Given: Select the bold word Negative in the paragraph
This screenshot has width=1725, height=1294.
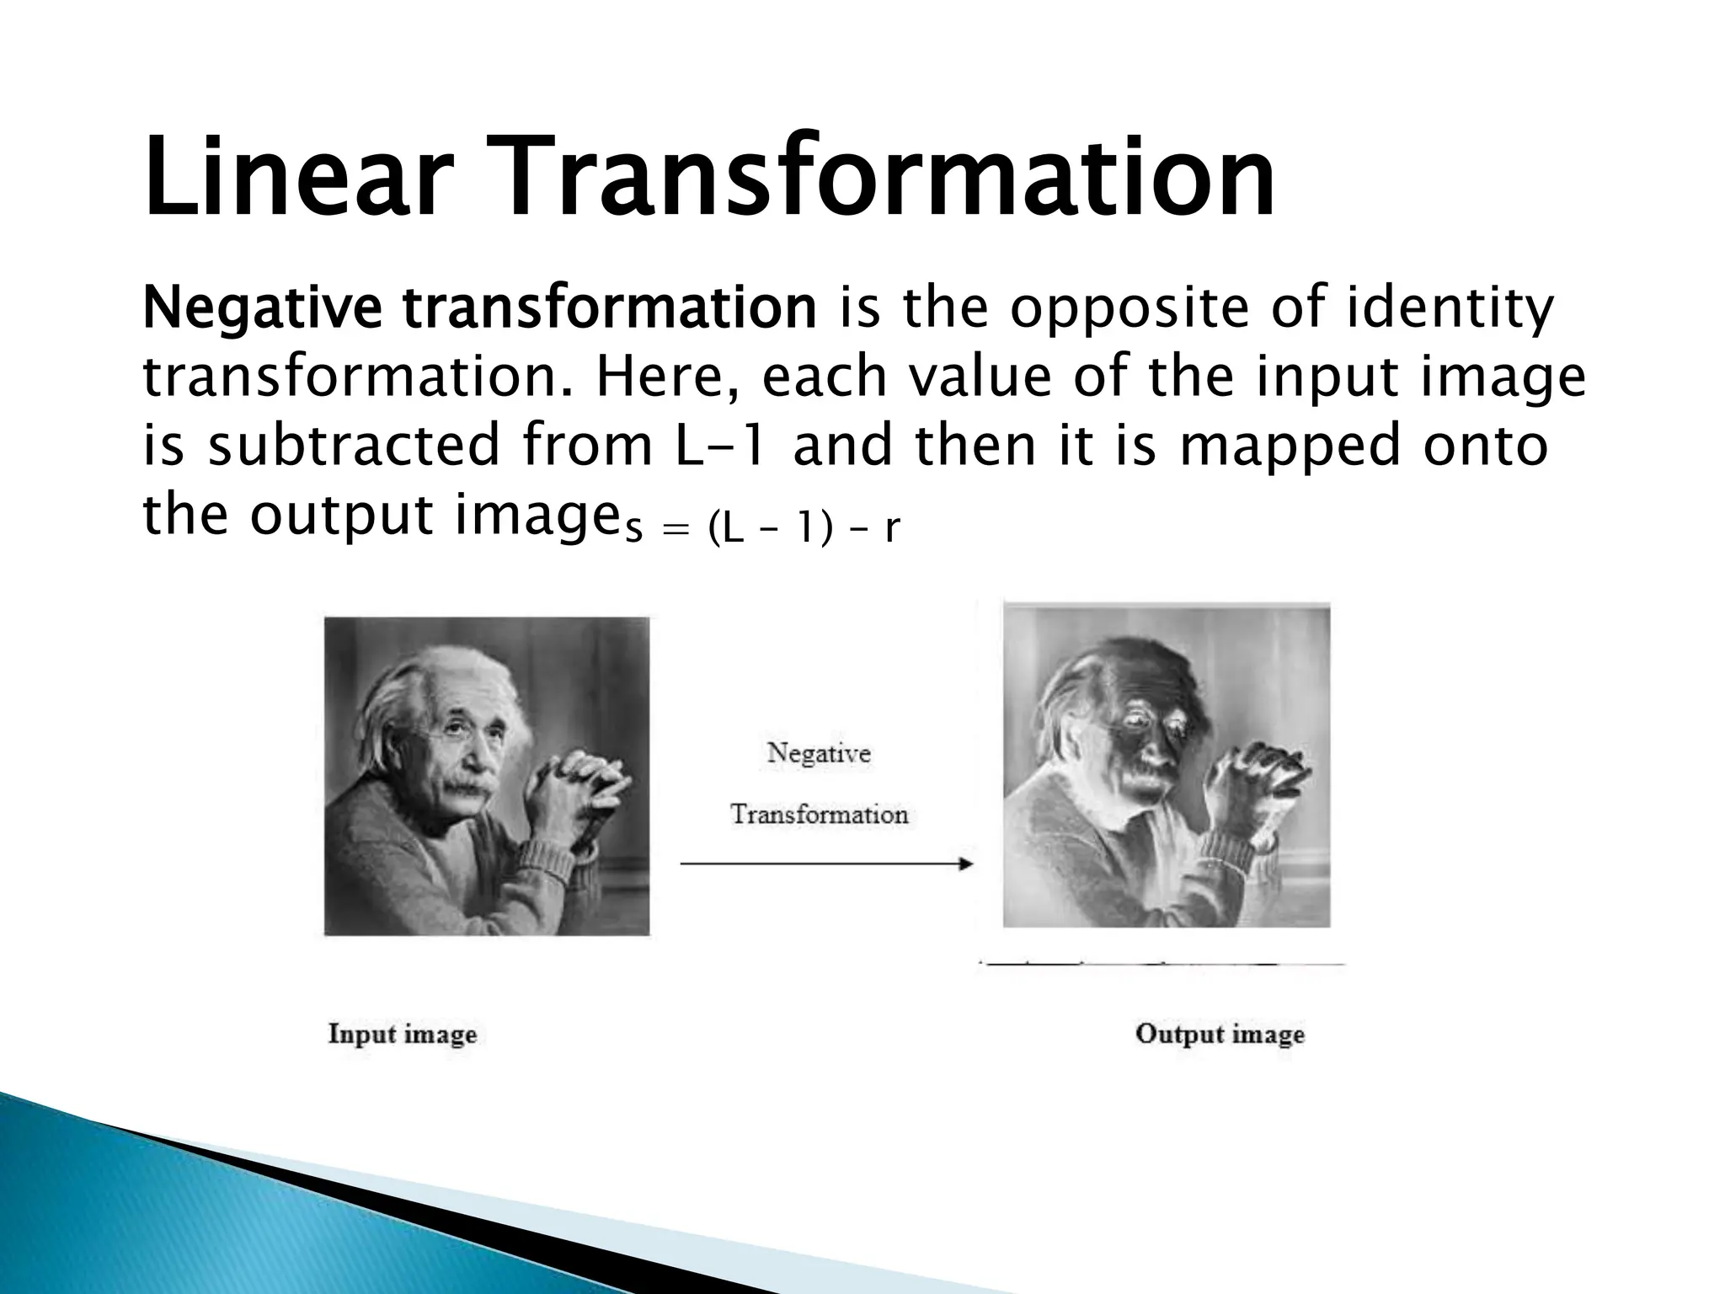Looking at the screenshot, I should [262, 309].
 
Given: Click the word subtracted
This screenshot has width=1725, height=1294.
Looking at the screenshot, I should [355, 446].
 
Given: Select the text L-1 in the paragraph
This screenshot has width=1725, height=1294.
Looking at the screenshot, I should [721, 446].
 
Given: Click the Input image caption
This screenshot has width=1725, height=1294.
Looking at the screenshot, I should [403, 1034].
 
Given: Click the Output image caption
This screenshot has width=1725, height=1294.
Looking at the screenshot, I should [1220, 1034].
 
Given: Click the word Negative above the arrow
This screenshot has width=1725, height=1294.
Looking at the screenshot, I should [819, 752].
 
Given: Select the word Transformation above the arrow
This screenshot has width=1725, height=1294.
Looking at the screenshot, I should [819, 814].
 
